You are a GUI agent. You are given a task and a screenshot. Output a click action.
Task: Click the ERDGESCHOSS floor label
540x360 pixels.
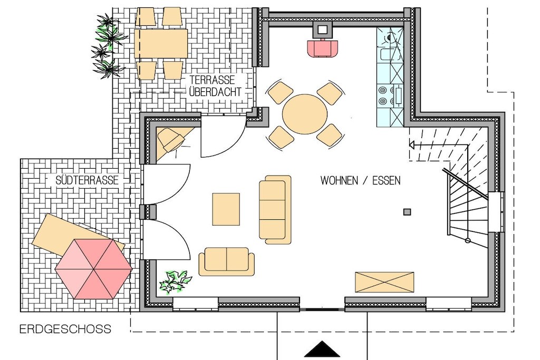[65, 329]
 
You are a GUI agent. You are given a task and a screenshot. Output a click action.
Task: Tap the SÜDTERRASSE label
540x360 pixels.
[87, 180]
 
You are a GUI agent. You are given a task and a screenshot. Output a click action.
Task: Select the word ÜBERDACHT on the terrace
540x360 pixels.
[215, 92]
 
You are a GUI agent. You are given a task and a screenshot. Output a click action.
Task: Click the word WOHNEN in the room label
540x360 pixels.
[339, 181]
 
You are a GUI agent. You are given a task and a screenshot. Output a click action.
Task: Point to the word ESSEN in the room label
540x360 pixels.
[387, 181]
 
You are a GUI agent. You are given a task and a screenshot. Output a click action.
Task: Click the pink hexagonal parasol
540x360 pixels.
[94, 269]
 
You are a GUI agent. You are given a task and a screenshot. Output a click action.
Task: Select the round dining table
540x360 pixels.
[305, 114]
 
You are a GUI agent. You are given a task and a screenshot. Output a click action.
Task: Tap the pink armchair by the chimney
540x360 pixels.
[322, 48]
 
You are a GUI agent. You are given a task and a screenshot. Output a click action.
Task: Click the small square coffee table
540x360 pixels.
[226, 209]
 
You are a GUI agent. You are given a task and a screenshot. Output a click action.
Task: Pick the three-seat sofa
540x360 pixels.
[275, 210]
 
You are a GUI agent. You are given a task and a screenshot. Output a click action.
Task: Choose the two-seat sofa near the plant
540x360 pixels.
[227, 261]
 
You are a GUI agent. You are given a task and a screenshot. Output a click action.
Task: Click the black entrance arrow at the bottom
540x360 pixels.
[322, 348]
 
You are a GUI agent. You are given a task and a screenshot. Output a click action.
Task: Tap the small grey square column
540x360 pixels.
[407, 212]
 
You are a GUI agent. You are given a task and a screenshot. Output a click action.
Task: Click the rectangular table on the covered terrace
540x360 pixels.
[161, 43]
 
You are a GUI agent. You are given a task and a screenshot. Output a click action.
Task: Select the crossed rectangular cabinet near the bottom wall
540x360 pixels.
[384, 282]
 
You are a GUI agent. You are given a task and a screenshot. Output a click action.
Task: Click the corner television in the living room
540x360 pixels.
[171, 139]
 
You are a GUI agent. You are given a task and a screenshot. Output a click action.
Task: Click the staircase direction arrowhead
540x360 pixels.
[411, 145]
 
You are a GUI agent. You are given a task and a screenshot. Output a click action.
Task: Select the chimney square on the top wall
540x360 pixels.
[322, 30]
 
